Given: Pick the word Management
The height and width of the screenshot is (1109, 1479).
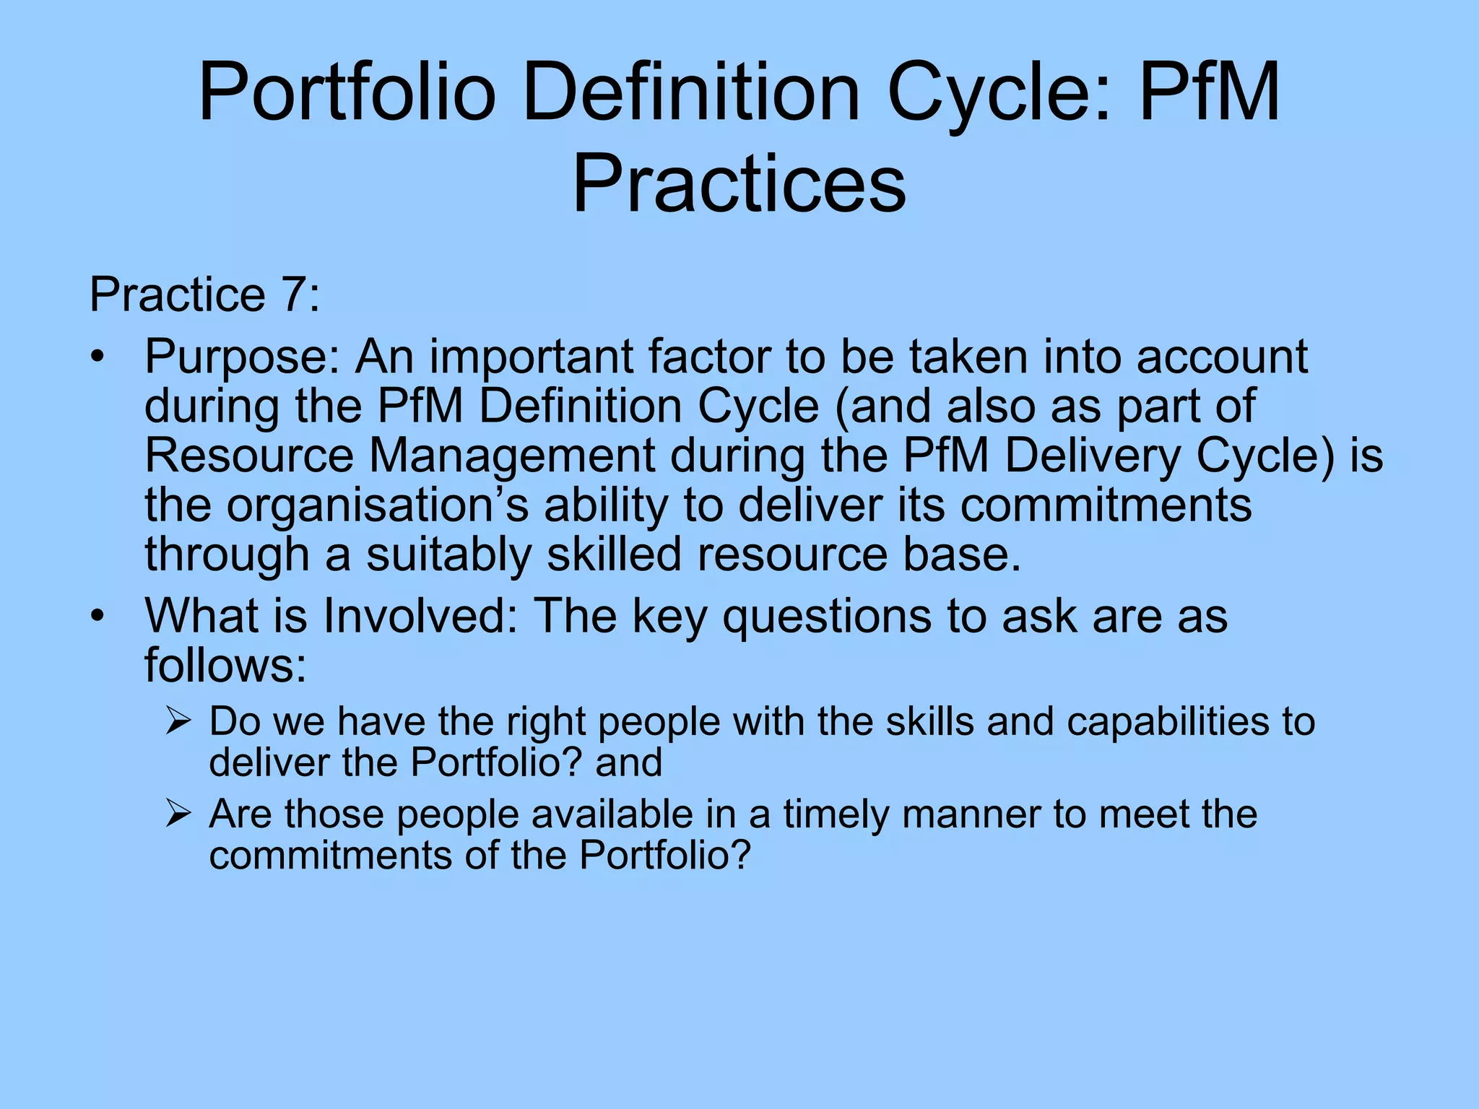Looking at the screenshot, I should point(513,457).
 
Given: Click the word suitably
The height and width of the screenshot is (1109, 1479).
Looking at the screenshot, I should point(448,556).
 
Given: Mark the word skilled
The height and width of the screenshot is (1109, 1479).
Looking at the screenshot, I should point(614,554).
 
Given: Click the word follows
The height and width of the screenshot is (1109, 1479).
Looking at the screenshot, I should point(225,665).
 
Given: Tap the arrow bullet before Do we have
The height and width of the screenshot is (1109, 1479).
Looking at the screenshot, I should point(177,722).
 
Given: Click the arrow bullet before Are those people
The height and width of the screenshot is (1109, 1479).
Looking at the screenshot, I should point(177,814).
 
